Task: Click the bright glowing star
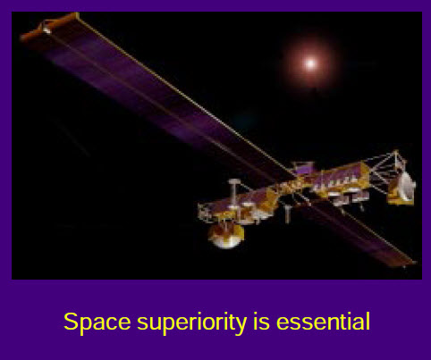[x=310, y=63]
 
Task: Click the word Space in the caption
[x=97, y=322]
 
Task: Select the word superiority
[x=192, y=322]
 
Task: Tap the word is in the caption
[x=261, y=321]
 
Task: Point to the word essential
[x=323, y=321]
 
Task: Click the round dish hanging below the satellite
[x=226, y=236]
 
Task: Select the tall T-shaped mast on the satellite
[x=234, y=194]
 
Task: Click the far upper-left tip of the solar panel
[x=21, y=38]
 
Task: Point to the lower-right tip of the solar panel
[x=415, y=263]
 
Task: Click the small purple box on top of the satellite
[x=303, y=169]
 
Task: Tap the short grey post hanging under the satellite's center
[x=287, y=213]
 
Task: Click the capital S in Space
[x=72, y=322]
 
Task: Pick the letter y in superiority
[x=241, y=324]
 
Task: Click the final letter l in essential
[x=368, y=321]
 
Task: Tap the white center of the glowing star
[x=310, y=63]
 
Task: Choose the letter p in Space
[x=89, y=324]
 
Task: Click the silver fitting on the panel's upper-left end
[x=46, y=29]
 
